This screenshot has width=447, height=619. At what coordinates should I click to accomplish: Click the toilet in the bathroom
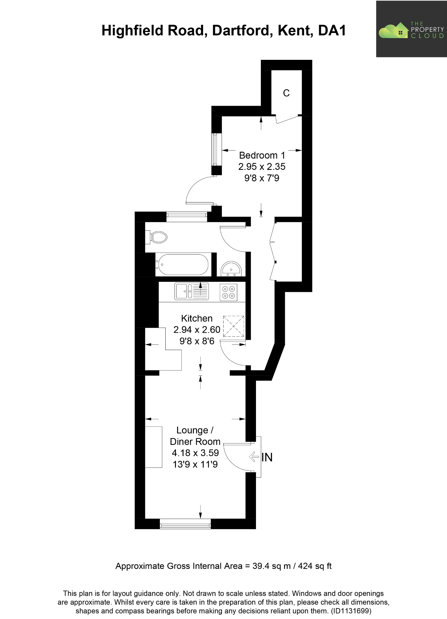click(157, 237)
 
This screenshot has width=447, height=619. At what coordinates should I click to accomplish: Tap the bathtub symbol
click(182, 265)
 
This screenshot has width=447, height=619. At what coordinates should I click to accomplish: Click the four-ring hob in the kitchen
click(228, 292)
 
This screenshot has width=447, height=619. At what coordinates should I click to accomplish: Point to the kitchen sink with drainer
click(191, 291)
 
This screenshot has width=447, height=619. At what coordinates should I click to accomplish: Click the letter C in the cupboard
click(286, 93)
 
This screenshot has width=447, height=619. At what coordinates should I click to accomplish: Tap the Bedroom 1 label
click(262, 155)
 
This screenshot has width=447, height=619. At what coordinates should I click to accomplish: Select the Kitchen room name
click(197, 318)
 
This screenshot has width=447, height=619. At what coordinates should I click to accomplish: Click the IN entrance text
click(267, 457)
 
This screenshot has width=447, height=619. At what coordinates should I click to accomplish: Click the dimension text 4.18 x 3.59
click(195, 453)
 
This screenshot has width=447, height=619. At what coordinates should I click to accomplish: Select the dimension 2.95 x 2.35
click(262, 167)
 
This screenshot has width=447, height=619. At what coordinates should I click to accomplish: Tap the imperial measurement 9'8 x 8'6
click(197, 341)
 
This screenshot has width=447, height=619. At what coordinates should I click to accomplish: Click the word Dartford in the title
click(240, 31)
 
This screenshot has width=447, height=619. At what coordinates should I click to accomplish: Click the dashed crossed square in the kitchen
click(234, 326)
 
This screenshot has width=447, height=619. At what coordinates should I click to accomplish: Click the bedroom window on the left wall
click(215, 149)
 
